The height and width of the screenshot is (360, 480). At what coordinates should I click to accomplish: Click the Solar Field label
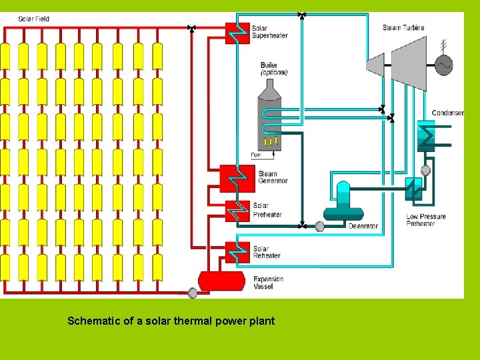click(33, 19)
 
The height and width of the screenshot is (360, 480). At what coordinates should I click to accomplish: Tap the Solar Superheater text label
click(269, 32)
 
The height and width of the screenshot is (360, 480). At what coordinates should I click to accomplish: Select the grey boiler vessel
click(269, 117)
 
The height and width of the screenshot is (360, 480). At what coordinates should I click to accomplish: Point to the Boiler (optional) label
click(273, 69)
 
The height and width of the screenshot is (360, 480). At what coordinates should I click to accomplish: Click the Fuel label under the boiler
click(255, 155)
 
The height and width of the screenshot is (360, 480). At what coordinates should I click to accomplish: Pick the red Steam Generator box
click(237, 177)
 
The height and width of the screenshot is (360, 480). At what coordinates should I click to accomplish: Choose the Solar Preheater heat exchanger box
click(236, 211)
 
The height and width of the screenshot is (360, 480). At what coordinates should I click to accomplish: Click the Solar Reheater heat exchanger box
click(237, 252)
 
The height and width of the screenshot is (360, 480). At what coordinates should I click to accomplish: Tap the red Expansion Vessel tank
click(222, 281)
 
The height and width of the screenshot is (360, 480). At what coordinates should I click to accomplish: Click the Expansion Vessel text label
click(268, 283)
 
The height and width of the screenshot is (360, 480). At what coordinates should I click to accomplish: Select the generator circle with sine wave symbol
click(443, 65)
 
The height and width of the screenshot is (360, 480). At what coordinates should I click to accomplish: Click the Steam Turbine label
click(403, 28)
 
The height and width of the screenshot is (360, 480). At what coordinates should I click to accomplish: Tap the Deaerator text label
click(363, 226)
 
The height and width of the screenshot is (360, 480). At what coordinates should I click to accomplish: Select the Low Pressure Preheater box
click(414, 188)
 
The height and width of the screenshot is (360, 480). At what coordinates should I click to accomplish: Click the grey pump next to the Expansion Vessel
click(193, 292)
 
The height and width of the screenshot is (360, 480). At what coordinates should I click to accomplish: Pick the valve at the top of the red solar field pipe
click(192, 27)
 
